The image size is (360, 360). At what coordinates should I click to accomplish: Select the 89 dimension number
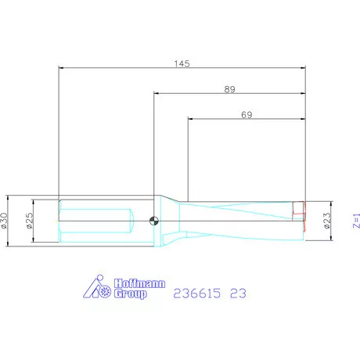click(229, 89)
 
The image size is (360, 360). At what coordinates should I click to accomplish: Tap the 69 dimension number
click(246, 114)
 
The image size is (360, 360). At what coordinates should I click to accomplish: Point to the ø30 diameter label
click(5, 221)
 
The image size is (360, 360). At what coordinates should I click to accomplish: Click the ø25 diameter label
click(29, 221)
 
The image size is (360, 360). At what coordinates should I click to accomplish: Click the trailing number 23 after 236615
click(239, 293)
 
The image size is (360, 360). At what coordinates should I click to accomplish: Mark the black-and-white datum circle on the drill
click(155, 220)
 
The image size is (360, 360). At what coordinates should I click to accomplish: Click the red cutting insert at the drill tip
click(298, 210)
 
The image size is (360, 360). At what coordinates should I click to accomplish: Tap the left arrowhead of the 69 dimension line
click(190, 119)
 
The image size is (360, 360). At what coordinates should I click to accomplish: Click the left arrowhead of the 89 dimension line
click(157, 94)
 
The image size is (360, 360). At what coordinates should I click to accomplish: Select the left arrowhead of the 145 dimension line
click(63, 67)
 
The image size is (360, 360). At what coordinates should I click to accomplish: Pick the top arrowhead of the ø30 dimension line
click(9, 196)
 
